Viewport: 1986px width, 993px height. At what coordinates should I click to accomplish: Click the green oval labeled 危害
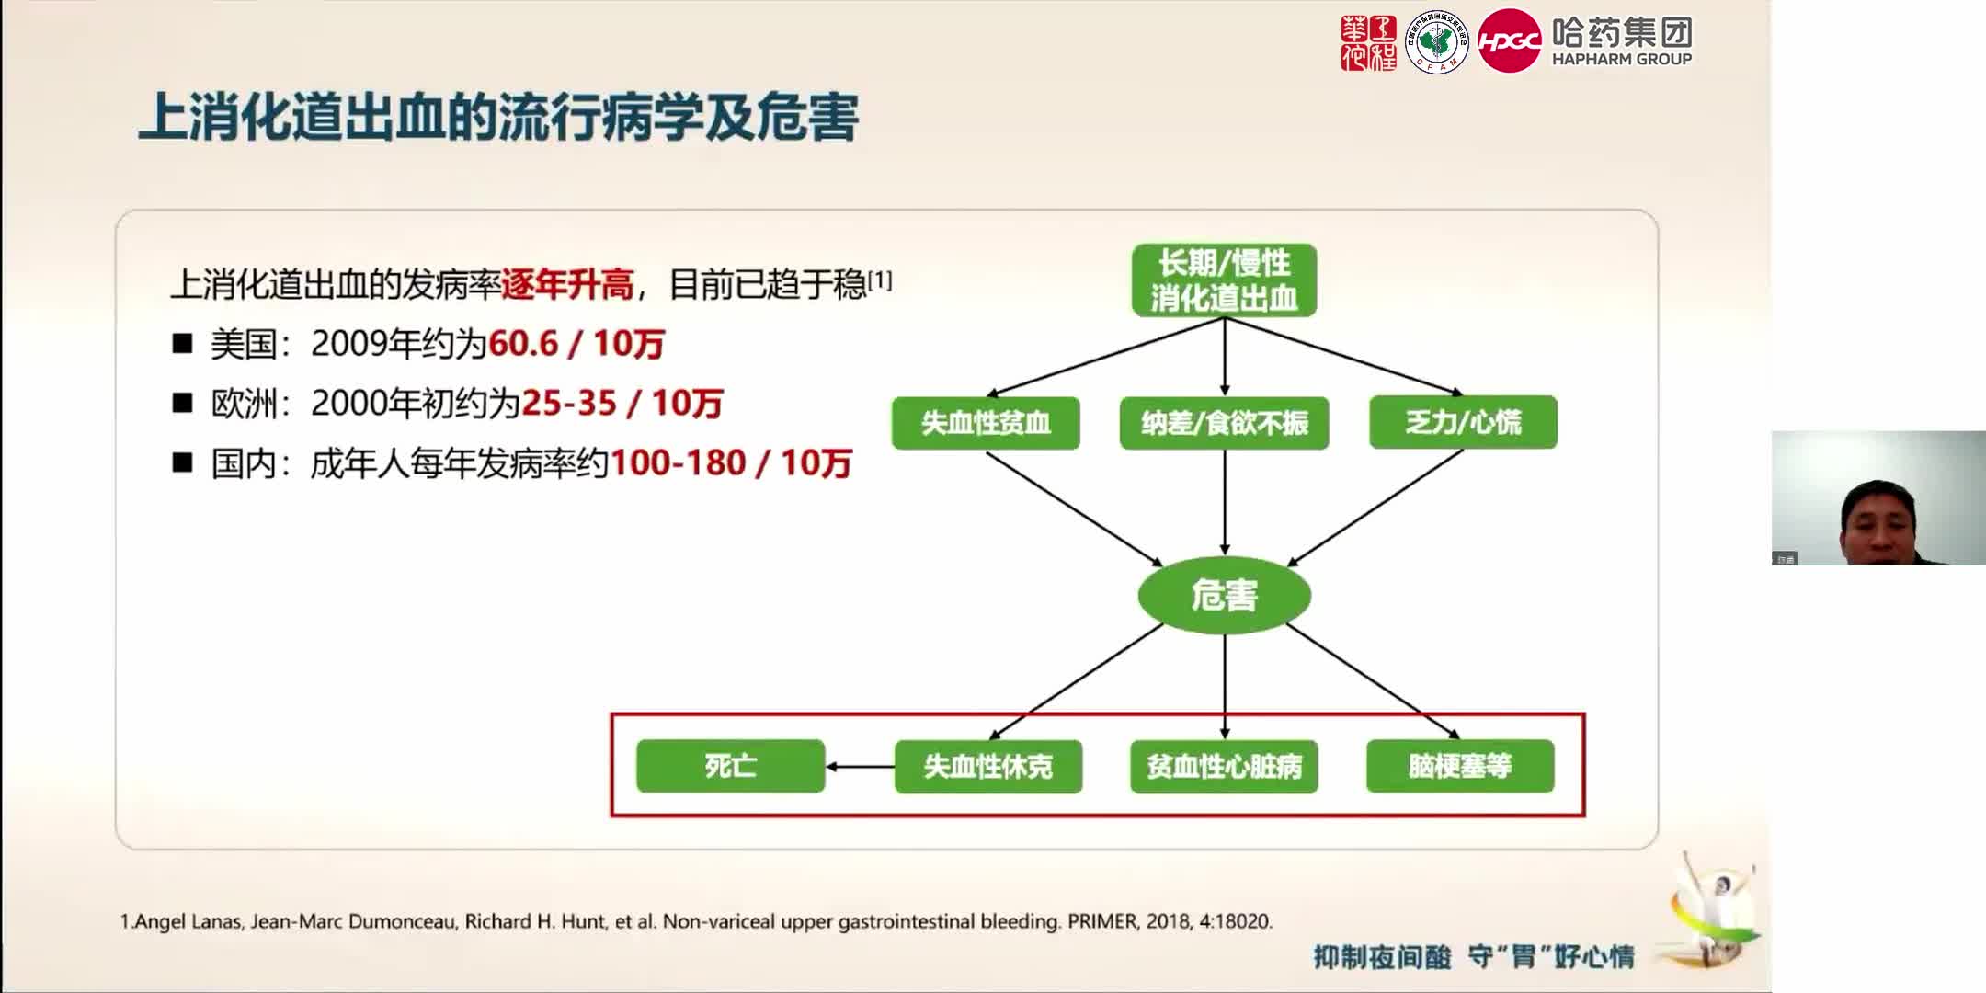pyautogui.click(x=1224, y=595)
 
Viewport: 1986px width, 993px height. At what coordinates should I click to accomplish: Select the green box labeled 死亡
pyautogui.click(x=731, y=766)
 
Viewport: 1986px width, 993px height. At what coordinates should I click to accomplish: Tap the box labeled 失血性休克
pyautogui.click(x=987, y=766)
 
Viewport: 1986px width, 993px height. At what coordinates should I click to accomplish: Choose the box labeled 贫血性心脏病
pyautogui.click(x=1224, y=766)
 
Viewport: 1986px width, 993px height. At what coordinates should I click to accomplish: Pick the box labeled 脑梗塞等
pyautogui.click(x=1460, y=766)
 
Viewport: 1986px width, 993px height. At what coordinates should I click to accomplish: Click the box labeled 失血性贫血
pyautogui.click(x=986, y=423)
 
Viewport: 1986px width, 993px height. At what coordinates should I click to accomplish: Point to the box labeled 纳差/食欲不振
pyautogui.click(x=1224, y=423)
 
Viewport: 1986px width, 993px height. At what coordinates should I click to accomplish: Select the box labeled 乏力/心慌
pyautogui.click(x=1463, y=423)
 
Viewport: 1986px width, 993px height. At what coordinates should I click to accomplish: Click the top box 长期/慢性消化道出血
pyautogui.click(x=1224, y=280)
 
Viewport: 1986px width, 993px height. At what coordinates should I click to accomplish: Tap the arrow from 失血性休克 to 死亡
pyautogui.click(x=860, y=766)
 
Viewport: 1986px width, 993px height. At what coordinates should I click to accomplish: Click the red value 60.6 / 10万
pyautogui.click(x=576, y=344)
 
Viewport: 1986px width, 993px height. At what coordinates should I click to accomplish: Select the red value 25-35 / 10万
pyautogui.click(x=622, y=404)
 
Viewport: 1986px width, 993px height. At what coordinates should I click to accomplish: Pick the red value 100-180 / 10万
pyautogui.click(x=731, y=463)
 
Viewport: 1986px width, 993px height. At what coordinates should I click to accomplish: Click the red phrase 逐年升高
pyautogui.click(x=567, y=285)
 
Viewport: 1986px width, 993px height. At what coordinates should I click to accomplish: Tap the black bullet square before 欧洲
pyautogui.click(x=182, y=404)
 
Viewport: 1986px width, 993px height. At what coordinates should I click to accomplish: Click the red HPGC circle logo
pyautogui.click(x=1509, y=41)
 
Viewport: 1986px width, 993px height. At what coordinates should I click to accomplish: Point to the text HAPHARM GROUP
pyautogui.click(x=1621, y=60)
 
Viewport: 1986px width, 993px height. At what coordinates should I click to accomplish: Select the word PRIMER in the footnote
pyautogui.click(x=1101, y=921)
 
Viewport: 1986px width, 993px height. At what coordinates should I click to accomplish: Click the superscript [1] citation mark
pyautogui.click(x=880, y=280)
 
